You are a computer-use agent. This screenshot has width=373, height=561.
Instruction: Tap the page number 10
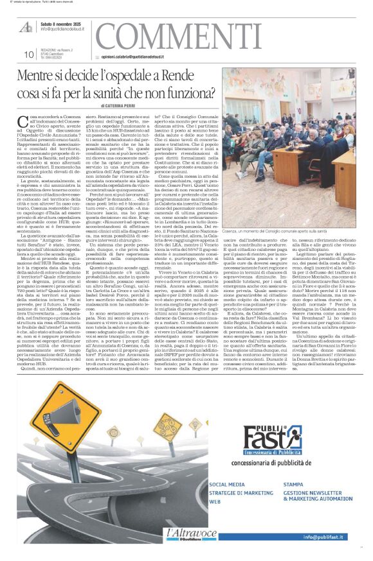[x=28, y=55]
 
